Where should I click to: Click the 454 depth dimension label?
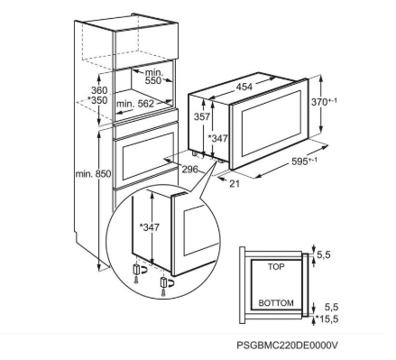click(x=244, y=87)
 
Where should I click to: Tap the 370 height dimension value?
click(x=319, y=102)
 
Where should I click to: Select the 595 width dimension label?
click(x=299, y=162)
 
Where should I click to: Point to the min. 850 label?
click(x=93, y=173)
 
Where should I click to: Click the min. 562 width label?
click(x=135, y=104)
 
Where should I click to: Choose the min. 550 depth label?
click(x=153, y=77)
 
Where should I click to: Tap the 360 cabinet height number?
click(x=99, y=90)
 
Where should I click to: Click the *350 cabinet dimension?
click(x=97, y=100)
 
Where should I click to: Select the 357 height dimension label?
click(x=201, y=116)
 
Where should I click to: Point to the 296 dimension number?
click(x=190, y=170)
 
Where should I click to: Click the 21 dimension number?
click(x=235, y=183)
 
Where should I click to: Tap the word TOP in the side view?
click(x=276, y=266)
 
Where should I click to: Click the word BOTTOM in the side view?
click(x=276, y=303)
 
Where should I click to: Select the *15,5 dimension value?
click(x=327, y=318)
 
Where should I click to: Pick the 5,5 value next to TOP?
click(x=324, y=254)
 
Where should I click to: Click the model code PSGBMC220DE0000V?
click(x=287, y=345)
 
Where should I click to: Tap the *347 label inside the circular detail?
click(x=149, y=227)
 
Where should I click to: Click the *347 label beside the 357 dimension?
click(x=218, y=138)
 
